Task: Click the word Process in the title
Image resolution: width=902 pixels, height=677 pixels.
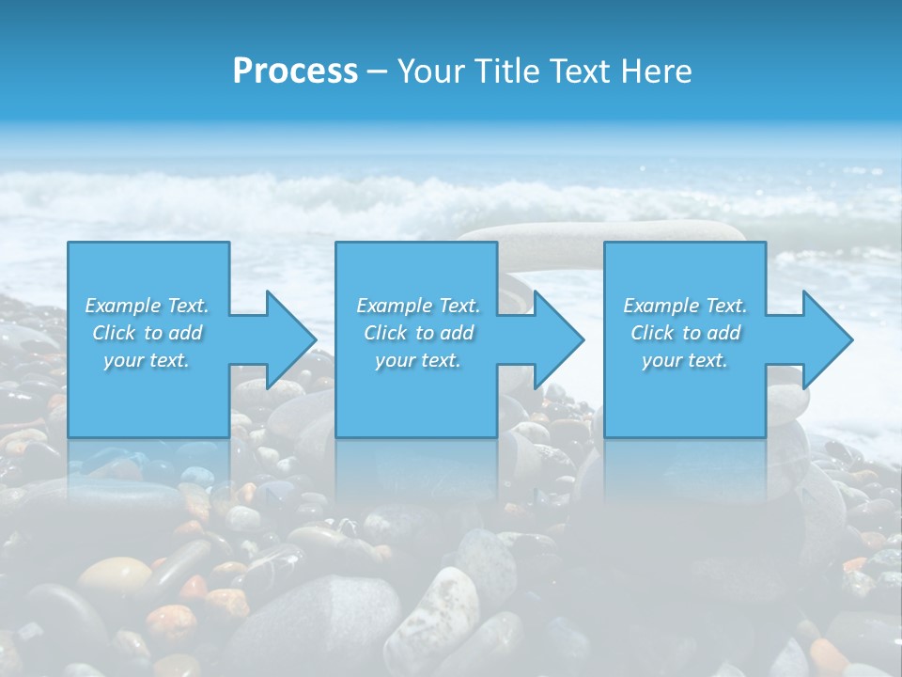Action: click(x=295, y=71)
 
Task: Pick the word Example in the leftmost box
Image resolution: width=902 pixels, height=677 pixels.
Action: click(x=122, y=306)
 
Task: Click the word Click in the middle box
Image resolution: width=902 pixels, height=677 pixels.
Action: click(x=385, y=333)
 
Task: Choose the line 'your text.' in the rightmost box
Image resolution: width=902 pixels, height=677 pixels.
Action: click(x=684, y=360)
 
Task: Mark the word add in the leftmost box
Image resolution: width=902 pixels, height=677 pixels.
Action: click(x=186, y=333)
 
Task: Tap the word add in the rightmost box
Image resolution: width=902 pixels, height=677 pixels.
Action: click(x=724, y=333)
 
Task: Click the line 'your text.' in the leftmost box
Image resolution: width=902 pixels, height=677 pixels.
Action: click(x=146, y=360)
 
